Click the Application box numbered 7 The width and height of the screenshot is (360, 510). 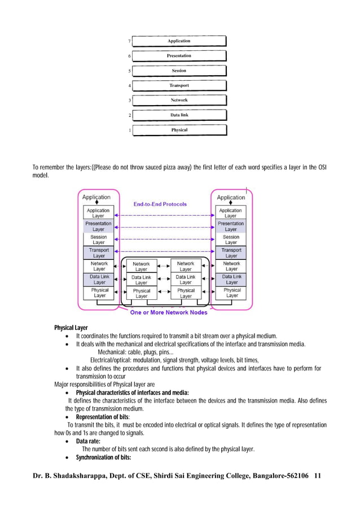(x=179, y=41)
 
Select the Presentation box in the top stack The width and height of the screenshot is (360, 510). (x=179, y=56)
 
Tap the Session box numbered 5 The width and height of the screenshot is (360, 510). (x=179, y=71)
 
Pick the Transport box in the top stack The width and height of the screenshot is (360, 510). (x=179, y=85)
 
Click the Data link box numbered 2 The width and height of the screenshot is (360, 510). (x=179, y=115)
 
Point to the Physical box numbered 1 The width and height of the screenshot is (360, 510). (x=179, y=130)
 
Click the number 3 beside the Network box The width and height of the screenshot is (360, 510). (x=130, y=101)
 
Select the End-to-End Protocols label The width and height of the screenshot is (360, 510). (x=160, y=204)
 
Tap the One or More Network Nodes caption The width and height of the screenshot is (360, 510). (x=169, y=312)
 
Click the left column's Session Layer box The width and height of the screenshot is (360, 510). (x=99, y=239)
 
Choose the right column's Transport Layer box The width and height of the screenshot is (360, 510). (x=231, y=252)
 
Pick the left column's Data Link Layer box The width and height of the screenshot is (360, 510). (x=99, y=280)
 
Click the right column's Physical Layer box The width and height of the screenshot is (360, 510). (x=231, y=293)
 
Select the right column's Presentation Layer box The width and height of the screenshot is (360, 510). (x=231, y=226)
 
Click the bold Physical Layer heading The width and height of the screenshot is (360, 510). (x=71, y=328)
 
